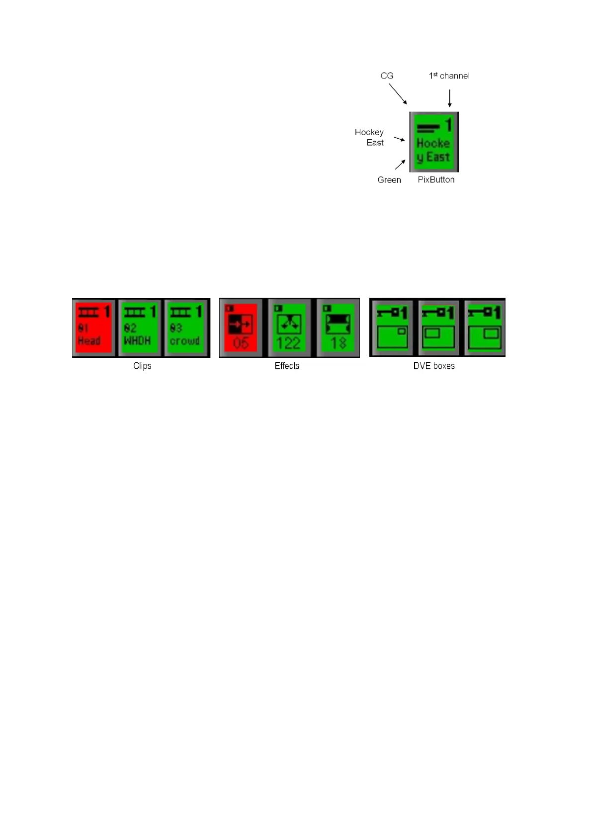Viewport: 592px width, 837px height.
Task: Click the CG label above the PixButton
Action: click(x=387, y=76)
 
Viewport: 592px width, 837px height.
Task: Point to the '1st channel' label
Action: click(x=449, y=76)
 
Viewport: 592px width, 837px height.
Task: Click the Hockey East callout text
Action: click(x=369, y=137)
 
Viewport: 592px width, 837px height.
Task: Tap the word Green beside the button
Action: click(x=389, y=180)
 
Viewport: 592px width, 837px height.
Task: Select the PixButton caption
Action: click(x=436, y=180)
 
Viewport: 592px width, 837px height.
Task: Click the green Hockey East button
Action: click(x=434, y=142)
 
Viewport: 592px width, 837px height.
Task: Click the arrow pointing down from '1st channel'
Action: click(x=449, y=98)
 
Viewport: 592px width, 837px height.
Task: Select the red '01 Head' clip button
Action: click(x=93, y=328)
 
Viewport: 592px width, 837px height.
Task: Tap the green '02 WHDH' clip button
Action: click(x=140, y=328)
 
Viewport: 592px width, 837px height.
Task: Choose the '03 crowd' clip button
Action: click(x=185, y=328)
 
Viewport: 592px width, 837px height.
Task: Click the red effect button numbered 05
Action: click(x=241, y=328)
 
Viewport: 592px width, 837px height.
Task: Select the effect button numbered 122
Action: click(x=288, y=328)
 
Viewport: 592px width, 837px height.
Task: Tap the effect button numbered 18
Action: click(x=338, y=328)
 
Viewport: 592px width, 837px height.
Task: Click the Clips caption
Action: click(x=142, y=366)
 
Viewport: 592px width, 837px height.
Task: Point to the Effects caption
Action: click(x=287, y=366)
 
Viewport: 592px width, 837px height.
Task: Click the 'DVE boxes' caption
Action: click(x=434, y=366)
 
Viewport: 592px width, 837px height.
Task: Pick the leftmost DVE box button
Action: click(x=392, y=328)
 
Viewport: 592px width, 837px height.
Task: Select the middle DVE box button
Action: click(x=438, y=328)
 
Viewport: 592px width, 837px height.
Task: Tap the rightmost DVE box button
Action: click(x=485, y=328)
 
